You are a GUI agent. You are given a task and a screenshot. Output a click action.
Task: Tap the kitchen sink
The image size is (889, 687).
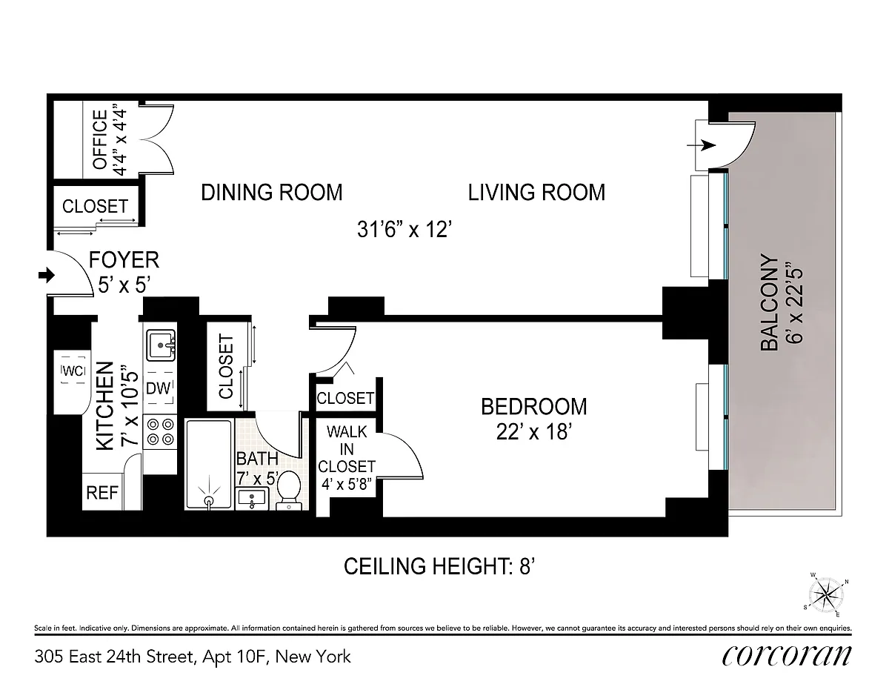coord(162,346)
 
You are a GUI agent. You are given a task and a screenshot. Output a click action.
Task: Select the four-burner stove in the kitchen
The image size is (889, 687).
coord(160,431)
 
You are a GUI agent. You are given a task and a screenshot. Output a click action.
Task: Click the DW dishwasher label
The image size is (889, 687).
coord(159,388)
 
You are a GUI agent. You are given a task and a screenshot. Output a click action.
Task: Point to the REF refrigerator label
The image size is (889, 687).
coord(102,493)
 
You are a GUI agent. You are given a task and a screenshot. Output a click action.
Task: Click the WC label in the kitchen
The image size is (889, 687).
coord(73,371)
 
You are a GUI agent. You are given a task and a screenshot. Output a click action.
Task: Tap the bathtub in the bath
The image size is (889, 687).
coord(210,464)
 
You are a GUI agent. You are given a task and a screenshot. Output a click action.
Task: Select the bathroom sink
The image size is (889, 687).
coord(252,498)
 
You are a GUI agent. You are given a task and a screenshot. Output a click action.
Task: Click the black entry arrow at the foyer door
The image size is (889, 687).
coord(47,274)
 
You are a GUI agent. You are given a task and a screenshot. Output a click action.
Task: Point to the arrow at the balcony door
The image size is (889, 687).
coord(702,145)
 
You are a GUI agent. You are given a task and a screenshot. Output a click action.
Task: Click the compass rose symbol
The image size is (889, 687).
coord(825,594)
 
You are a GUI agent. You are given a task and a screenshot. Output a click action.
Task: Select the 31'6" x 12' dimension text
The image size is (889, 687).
coord(404,229)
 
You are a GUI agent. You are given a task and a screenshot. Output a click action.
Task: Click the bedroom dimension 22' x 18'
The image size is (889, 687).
coord(534,431)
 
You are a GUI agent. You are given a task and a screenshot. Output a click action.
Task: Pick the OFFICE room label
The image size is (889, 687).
coord(100,139)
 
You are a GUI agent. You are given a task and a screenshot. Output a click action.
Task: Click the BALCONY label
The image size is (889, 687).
coord(769,302)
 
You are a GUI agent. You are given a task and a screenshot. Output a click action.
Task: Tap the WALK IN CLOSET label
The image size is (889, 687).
coord(347,449)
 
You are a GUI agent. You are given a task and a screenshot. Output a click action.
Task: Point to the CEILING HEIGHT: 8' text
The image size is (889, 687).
coord(439,567)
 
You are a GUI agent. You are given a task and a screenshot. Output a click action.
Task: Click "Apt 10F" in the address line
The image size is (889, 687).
coord(235,657)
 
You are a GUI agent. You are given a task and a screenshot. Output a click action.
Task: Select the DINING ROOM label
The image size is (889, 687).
coord(272,192)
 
